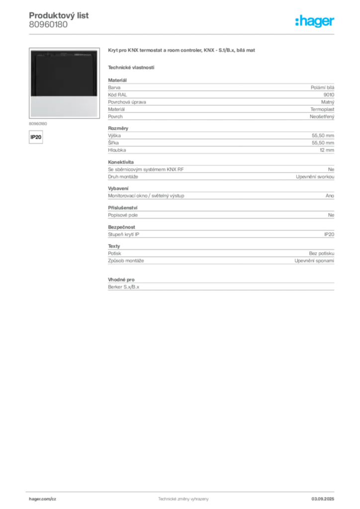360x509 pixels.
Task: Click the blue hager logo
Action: [x=315, y=22]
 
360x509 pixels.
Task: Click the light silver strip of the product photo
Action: [x=64, y=106]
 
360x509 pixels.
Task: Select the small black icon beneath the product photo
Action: [x=35, y=136]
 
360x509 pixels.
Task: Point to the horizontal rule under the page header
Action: [x=183, y=34]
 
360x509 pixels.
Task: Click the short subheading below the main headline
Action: [x=131, y=67]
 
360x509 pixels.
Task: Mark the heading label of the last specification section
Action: [x=120, y=276]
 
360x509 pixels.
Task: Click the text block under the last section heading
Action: [x=221, y=286]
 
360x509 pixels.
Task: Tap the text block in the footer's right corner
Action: [x=326, y=496]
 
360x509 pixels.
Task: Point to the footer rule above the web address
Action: [x=183, y=491]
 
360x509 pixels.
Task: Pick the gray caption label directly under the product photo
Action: [x=38, y=122]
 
